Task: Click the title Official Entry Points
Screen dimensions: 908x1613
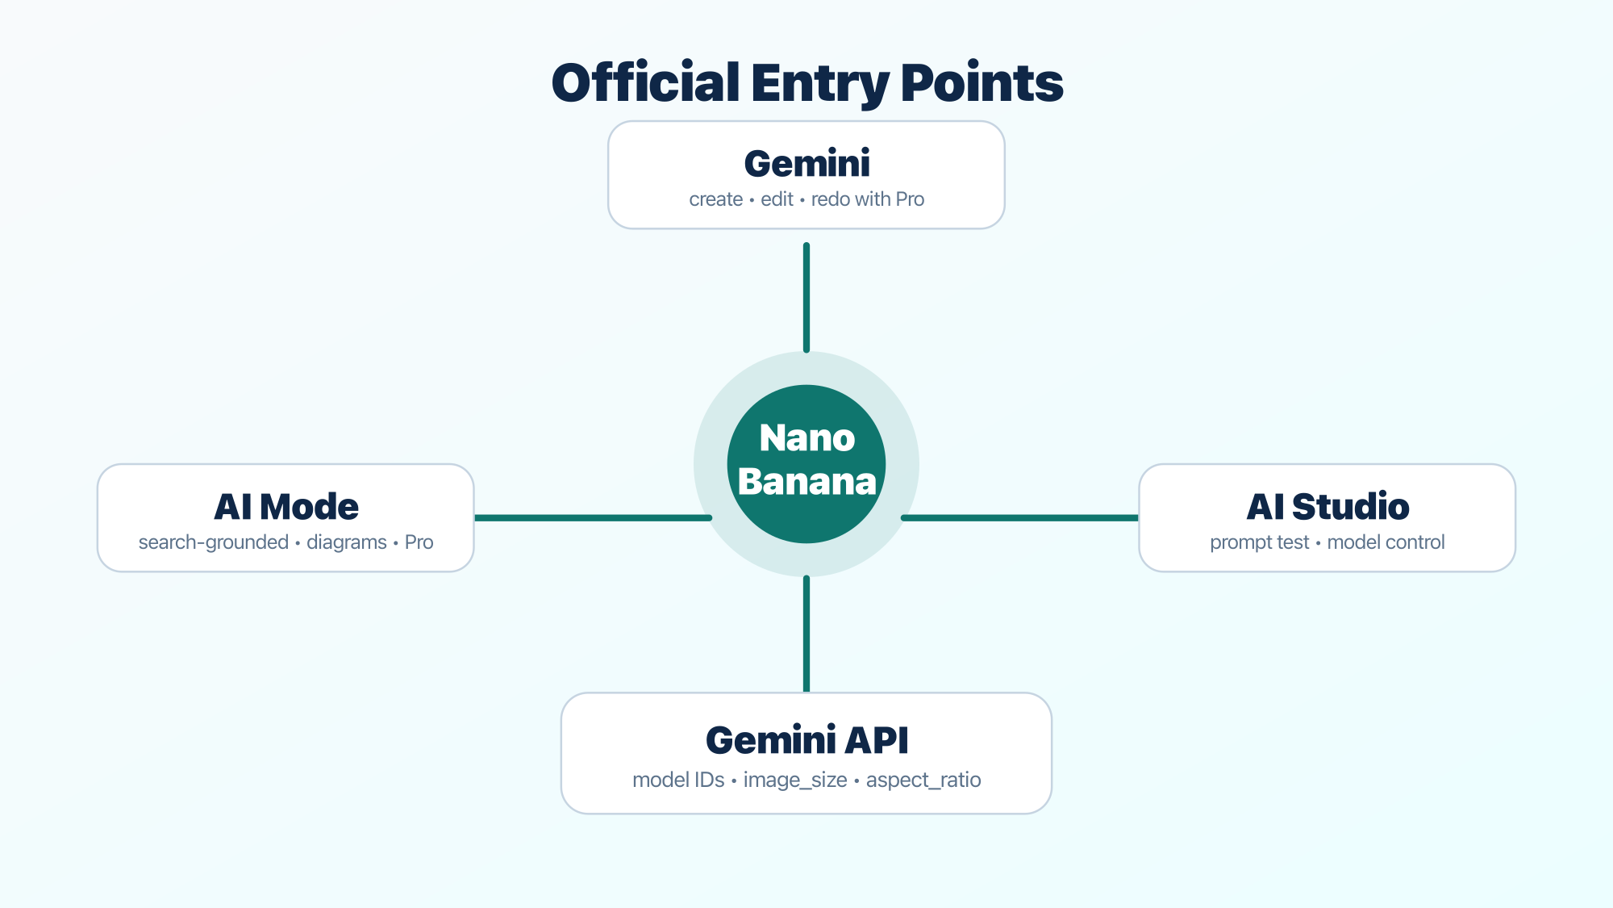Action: click(806, 82)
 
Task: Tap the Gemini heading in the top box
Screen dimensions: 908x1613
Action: click(806, 164)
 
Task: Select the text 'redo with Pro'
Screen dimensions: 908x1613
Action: click(867, 199)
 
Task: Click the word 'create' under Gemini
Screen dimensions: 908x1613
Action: click(715, 199)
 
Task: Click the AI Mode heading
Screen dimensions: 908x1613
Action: click(286, 507)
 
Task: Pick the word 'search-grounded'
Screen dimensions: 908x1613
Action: click(213, 542)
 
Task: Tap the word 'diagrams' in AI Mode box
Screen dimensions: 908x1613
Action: click(347, 542)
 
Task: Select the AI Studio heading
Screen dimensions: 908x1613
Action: click(1327, 507)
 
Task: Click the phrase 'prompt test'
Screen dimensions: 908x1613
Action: click(1259, 542)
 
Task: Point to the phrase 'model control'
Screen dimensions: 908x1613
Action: click(1386, 542)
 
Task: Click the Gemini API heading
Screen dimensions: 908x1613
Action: click(806, 740)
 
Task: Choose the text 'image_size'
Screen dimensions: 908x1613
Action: click(795, 780)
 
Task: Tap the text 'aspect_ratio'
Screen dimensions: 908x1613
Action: click(923, 780)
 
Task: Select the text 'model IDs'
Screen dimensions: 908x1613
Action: click(678, 780)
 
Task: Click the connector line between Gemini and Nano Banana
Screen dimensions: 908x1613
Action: click(806, 297)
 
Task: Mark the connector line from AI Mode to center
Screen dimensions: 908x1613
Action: click(593, 517)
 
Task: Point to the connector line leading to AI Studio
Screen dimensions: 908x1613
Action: click(1020, 517)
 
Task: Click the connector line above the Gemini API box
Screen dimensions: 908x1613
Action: click(806, 634)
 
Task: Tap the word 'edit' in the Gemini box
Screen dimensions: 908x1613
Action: click(777, 199)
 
